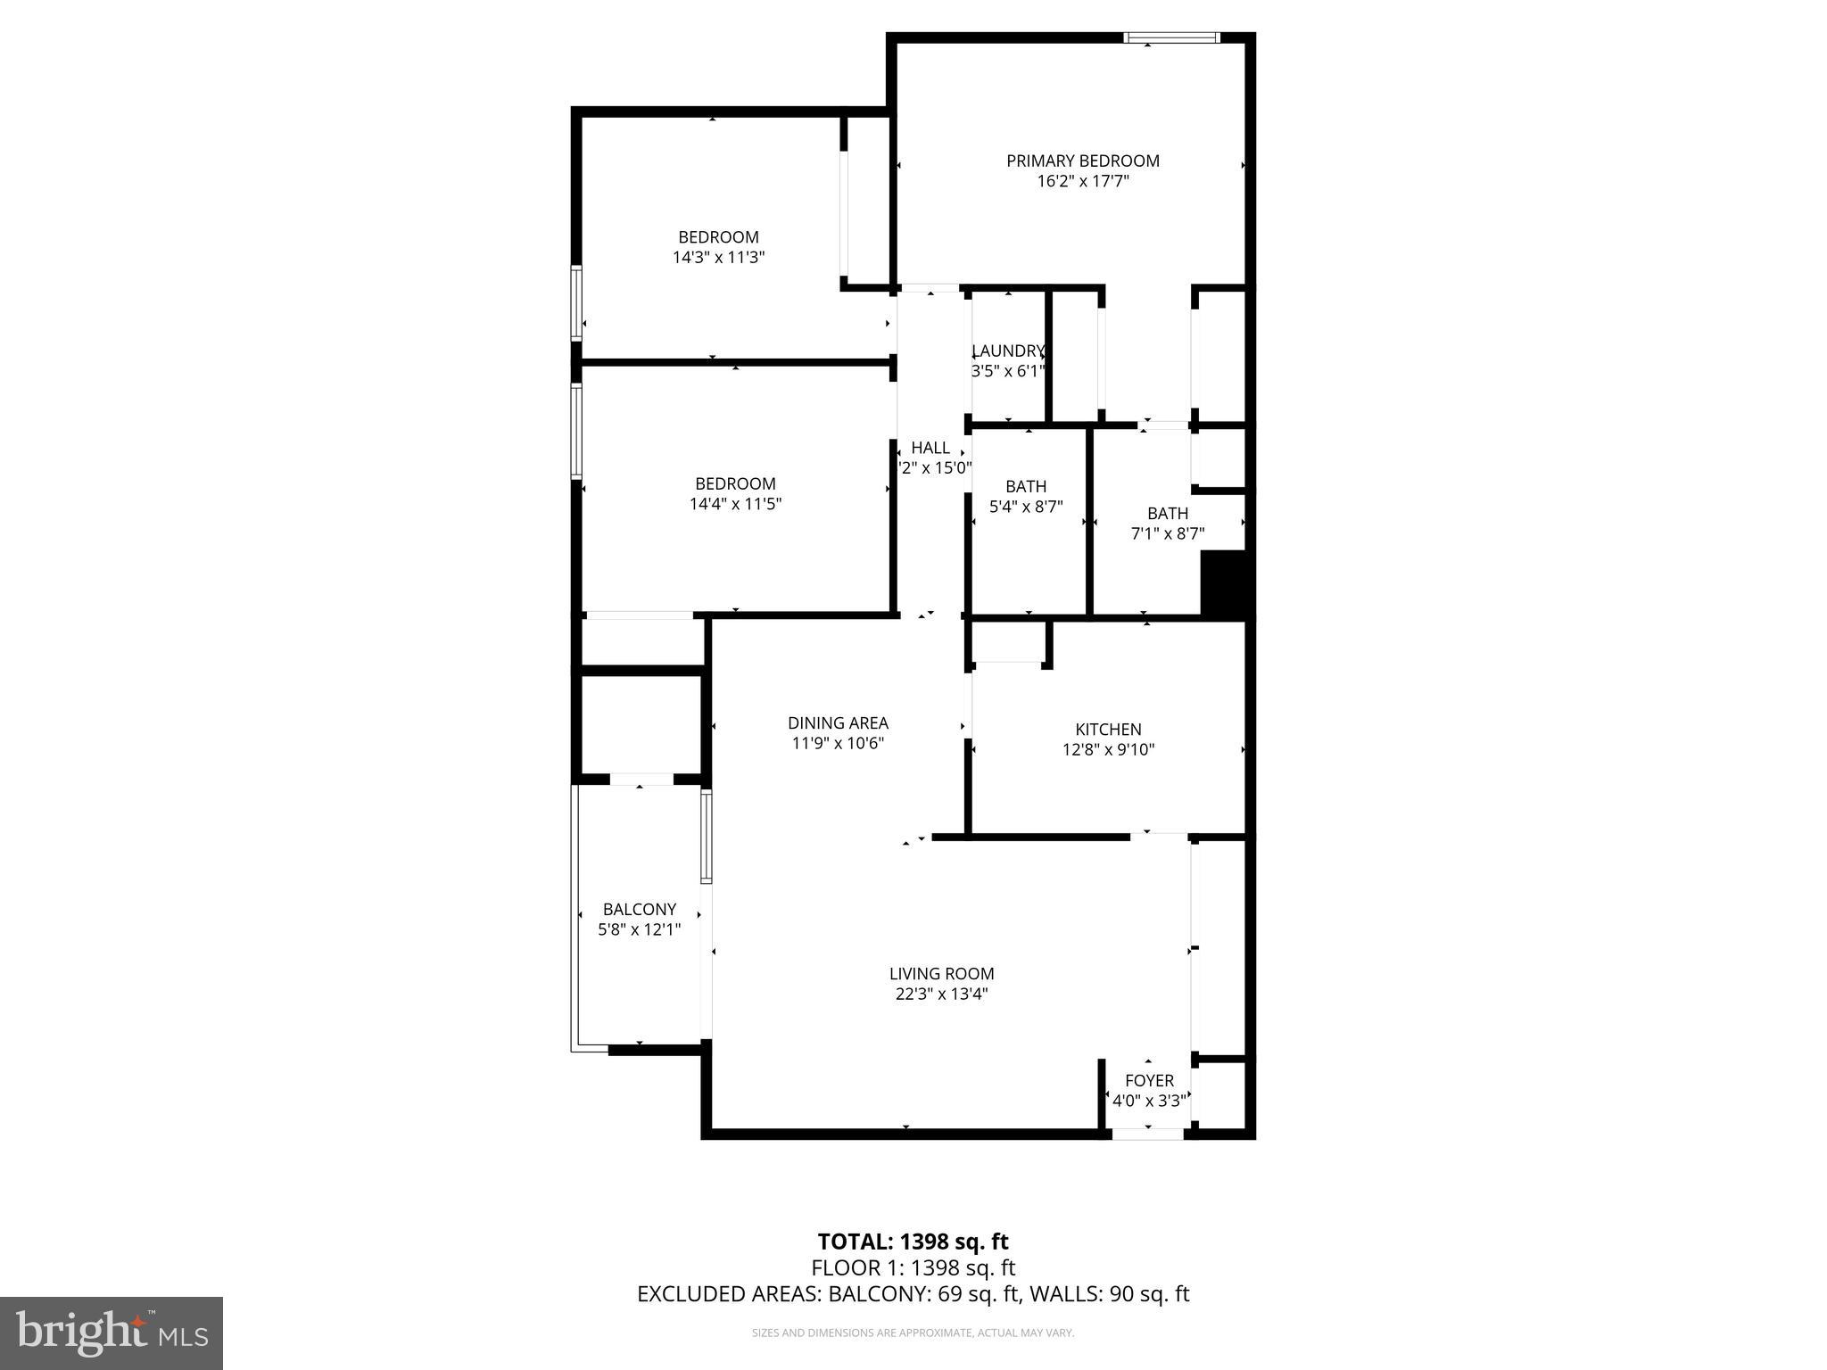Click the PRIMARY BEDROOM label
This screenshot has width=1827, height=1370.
(1082, 161)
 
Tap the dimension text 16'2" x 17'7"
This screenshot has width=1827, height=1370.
(1082, 182)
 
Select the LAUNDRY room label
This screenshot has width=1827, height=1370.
(1007, 351)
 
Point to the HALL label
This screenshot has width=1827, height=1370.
(930, 448)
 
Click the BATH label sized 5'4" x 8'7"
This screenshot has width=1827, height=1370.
(1026, 486)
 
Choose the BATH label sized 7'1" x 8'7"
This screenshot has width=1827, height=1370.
(1167, 513)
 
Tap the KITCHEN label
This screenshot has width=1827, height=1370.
(1108, 729)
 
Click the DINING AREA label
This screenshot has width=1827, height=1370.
(838, 722)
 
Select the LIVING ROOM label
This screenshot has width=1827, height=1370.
(941, 974)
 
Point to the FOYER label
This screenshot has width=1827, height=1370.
(1149, 1080)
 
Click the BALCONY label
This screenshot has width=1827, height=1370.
(639, 909)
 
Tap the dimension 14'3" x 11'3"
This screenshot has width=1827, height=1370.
(718, 258)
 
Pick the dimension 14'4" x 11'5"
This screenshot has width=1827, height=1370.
(735, 504)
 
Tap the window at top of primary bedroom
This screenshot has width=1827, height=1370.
(1171, 37)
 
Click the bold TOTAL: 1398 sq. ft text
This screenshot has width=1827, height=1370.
(913, 1242)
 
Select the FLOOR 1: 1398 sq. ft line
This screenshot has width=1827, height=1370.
(913, 1267)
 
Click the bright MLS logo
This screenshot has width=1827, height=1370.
(112, 1333)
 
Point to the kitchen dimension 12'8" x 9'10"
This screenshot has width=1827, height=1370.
(1108, 750)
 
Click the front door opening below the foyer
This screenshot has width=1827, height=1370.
(1147, 1134)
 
